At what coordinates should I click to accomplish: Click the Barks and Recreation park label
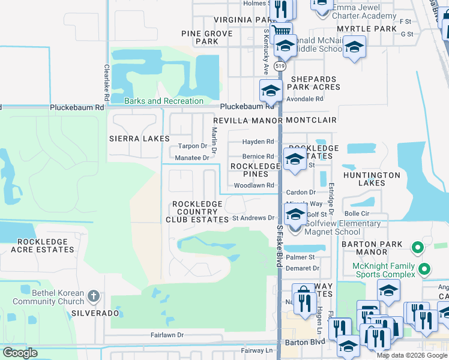(164, 101)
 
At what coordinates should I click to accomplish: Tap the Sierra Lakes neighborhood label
(139, 139)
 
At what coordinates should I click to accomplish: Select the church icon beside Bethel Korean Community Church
(93, 295)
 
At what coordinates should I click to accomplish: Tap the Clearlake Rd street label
(106, 83)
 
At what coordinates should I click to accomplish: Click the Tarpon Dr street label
(192, 146)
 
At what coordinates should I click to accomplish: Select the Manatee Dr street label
(192, 158)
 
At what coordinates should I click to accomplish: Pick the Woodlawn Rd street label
(254, 185)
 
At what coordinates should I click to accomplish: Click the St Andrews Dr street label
(253, 218)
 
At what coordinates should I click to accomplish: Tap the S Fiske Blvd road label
(280, 246)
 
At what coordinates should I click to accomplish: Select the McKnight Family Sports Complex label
(385, 270)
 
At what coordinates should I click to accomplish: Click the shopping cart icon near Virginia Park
(281, 30)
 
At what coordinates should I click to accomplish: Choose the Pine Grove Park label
(207, 37)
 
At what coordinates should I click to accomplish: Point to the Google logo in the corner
(20, 353)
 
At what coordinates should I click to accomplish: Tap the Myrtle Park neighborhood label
(367, 29)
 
